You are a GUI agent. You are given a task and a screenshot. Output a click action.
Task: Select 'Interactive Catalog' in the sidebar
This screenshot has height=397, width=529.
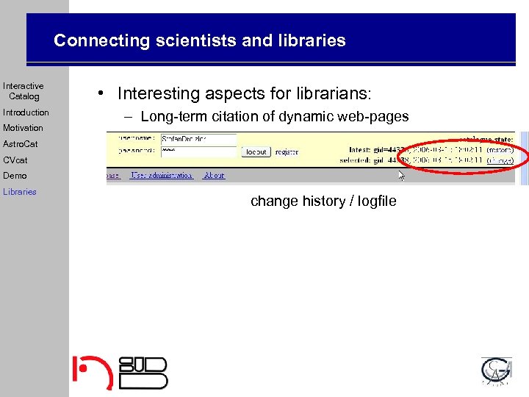pos(24,91)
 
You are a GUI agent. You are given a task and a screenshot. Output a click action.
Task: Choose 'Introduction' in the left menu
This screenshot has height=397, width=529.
pos(26,112)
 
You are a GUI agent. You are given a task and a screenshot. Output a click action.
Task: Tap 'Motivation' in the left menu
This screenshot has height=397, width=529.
pos(23,128)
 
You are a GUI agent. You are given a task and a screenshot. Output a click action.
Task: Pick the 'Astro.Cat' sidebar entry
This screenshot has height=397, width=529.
pos(21,144)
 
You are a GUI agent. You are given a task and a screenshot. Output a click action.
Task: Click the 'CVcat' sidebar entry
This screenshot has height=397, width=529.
pos(15,160)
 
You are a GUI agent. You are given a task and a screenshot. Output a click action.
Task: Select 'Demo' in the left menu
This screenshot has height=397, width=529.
pos(15,176)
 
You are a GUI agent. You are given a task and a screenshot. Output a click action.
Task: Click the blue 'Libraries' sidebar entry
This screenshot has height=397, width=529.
pos(20,192)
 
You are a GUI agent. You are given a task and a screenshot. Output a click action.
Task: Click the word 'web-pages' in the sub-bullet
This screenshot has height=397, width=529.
pos(372,116)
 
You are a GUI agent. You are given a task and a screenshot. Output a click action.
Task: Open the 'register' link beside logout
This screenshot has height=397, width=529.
pos(287,152)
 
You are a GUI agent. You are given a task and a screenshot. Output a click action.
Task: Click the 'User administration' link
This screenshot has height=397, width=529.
pos(162,176)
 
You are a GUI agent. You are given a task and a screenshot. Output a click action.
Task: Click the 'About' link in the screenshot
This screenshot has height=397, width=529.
pos(215,176)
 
